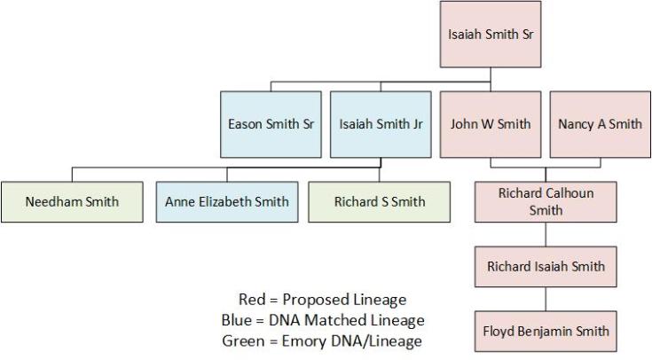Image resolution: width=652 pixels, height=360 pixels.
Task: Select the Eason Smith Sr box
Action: click(271, 124)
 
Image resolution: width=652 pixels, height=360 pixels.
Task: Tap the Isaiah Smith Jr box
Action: click(381, 124)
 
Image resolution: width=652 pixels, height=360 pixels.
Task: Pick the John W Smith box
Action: click(491, 124)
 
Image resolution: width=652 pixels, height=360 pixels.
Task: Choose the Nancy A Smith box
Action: click(600, 124)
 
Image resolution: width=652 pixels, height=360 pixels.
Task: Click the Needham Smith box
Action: click(72, 201)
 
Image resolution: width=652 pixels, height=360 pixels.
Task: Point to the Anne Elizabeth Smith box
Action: click(227, 201)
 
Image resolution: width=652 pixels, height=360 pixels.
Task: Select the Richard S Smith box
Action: click(380, 201)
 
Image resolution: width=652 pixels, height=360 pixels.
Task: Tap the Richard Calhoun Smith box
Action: click(546, 201)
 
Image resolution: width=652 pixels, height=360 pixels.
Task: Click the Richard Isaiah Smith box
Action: click(546, 266)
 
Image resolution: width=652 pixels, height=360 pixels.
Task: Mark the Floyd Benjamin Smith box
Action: click(546, 331)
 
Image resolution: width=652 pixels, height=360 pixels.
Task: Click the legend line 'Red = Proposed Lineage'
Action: click(322, 300)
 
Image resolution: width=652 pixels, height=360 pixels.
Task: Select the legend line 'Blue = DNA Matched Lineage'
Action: click(323, 319)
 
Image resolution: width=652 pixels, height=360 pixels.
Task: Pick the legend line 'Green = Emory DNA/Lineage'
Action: click(323, 339)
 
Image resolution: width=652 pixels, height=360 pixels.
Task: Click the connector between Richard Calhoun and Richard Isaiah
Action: click(546, 234)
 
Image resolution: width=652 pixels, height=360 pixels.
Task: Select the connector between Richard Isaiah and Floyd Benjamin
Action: click(546, 299)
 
